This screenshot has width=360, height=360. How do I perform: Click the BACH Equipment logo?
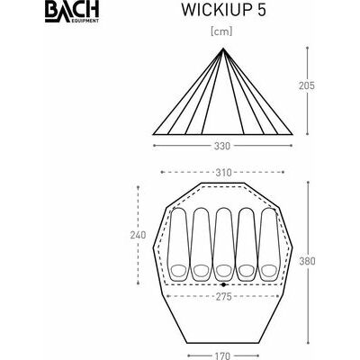[72, 13]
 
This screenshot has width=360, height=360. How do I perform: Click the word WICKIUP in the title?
[215, 10]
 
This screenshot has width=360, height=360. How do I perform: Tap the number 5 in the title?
[261, 10]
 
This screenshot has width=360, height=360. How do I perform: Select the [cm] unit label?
[221, 31]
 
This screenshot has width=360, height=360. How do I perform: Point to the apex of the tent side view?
[223, 48]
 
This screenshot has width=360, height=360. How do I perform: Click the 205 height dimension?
[307, 85]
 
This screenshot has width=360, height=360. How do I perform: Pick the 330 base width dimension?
[222, 146]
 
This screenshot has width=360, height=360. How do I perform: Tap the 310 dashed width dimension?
[223, 173]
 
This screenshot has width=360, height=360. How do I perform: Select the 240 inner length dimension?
[138, 235]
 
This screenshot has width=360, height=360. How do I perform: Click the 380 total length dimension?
[307, 261]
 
